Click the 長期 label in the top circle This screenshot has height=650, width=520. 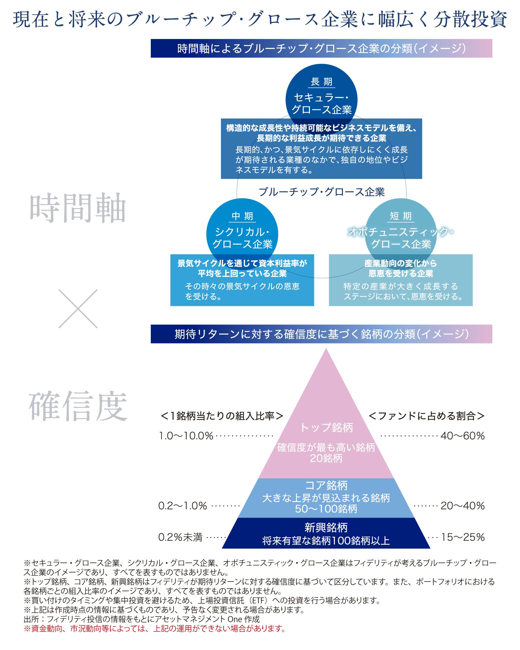(321, 82)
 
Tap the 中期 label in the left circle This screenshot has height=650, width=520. (242, 216)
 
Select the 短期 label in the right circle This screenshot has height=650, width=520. (401, 216)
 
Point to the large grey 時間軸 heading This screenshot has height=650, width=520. (78, 208)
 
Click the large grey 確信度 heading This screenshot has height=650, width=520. (78, 406)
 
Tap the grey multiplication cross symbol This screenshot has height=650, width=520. (78, 309)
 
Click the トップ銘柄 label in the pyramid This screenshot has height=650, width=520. (326, 427)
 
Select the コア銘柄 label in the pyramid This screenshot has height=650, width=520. (326, 485)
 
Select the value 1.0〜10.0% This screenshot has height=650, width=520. (186, 436)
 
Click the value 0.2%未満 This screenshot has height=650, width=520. (180, 537)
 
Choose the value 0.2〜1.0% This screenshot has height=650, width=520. (183, 506)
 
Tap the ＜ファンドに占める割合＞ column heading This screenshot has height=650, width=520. (426, 416)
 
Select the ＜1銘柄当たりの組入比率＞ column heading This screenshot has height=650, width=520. (222, 416)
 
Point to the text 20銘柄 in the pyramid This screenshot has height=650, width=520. (326, 458)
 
